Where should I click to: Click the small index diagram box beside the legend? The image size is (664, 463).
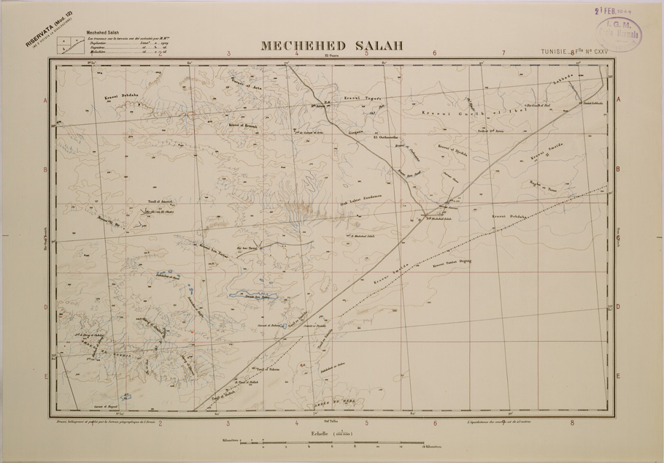click(71, 45)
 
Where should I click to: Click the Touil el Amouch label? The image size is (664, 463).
click(158, 199)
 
